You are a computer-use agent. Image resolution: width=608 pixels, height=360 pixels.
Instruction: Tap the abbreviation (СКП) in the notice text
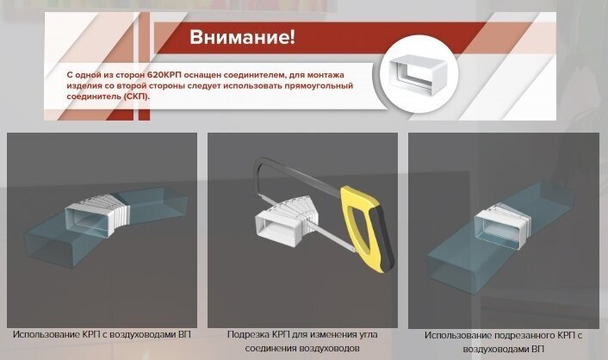pyautogui.click(x=135, y=96)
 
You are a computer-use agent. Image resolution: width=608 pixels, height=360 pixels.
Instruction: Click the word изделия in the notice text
pyautogui.click(x=83, y=86)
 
